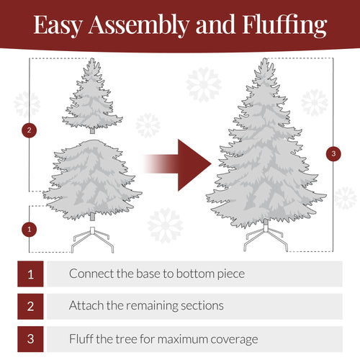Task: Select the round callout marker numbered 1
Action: (x=29, y=229)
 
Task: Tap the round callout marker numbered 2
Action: (x=29, y=130)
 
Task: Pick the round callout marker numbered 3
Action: (x=333, y=153)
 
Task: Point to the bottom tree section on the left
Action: (x=92, y=180)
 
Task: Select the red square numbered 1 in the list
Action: (x=30, y=274)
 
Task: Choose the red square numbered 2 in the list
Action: (x=30, y=305)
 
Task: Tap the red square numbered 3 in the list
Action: (x=30, y=338)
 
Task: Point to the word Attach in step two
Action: (x=86, y=306)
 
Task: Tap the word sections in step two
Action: (x=201, y=306)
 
